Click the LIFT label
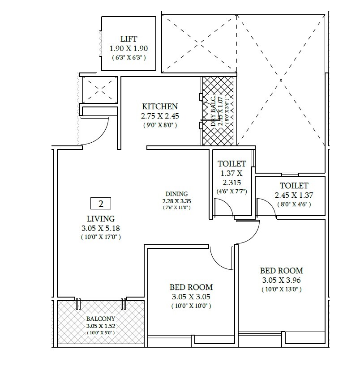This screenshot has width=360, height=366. (129, 39)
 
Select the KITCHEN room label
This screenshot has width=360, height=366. (160, 106)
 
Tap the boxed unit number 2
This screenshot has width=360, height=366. (100, 204)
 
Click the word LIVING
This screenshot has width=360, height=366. (101, 219)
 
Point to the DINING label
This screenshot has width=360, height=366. (176, 194)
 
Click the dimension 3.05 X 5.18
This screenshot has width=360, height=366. (101, 228)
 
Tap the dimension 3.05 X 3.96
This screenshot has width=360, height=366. (282, 280)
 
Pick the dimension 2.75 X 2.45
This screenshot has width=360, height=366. (160, 116)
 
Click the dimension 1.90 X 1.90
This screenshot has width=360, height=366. (129, 48)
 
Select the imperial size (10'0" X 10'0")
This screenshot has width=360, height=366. (191, 306)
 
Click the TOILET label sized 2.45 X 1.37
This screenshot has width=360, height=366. (294, 185)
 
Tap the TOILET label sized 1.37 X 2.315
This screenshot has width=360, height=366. (231, 164)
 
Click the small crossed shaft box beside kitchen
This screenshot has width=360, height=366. (99, 89)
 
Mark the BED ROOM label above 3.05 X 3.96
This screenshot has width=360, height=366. (282, 271)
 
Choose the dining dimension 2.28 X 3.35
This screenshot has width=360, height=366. (176, 201)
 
